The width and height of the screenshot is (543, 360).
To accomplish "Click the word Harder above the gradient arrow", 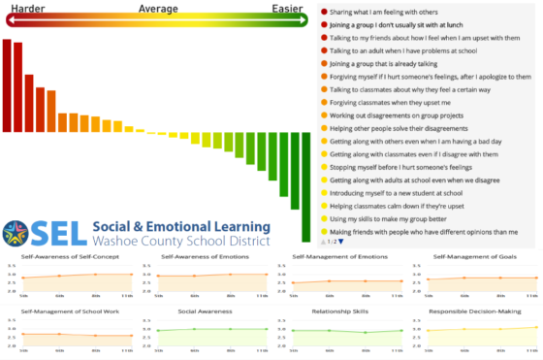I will (x=27, y=10).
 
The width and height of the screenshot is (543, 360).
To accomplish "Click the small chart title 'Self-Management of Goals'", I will (x=472, y=257).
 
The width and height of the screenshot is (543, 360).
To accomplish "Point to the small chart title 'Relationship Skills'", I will (x=336, y=311).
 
